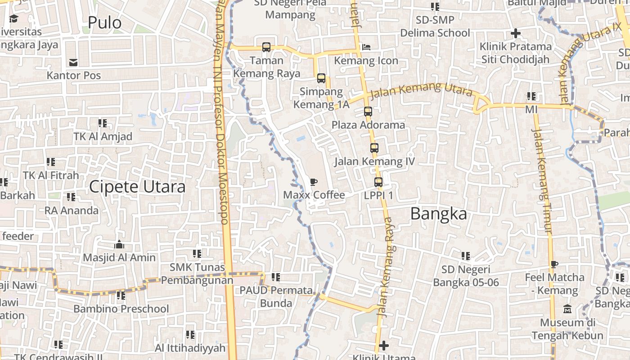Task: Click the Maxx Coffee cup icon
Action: [x=314, y=182]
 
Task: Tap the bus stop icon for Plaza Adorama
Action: [x=368, y=112]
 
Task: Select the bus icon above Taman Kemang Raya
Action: [x=266, y=47]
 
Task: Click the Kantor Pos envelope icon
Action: [x=73, y=62]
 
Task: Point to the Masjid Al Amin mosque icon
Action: [x=119, y=244]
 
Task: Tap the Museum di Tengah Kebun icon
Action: [x=567, y=310]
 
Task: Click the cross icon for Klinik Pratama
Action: [x=516, y=33]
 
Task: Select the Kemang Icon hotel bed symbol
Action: [x=367, y=47]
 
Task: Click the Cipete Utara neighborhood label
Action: [x=137, y=187]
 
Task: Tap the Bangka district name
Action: [x=439, y=214]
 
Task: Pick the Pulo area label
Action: [x=104, y=22]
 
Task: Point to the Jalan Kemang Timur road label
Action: [x=542, y=180]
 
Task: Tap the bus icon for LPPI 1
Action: [x=378, y=182]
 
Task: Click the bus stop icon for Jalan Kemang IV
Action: [x=374, y=148]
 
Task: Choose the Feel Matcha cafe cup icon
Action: [x=554, y=265]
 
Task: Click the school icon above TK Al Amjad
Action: [x=103, y=123]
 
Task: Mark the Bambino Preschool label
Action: [x=121, y=309]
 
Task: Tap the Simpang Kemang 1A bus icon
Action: [x=321, y=78]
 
